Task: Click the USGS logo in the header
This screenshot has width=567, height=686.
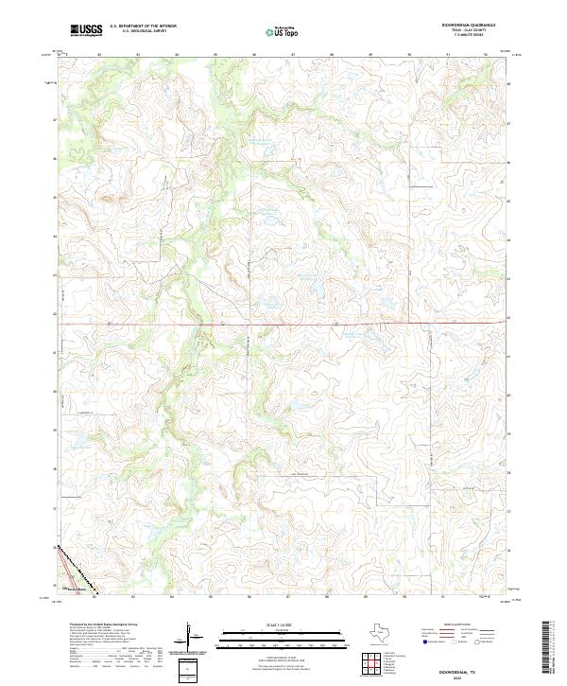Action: (x=86, y=30)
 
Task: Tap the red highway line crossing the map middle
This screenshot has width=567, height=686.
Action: (x=283, y=325)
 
